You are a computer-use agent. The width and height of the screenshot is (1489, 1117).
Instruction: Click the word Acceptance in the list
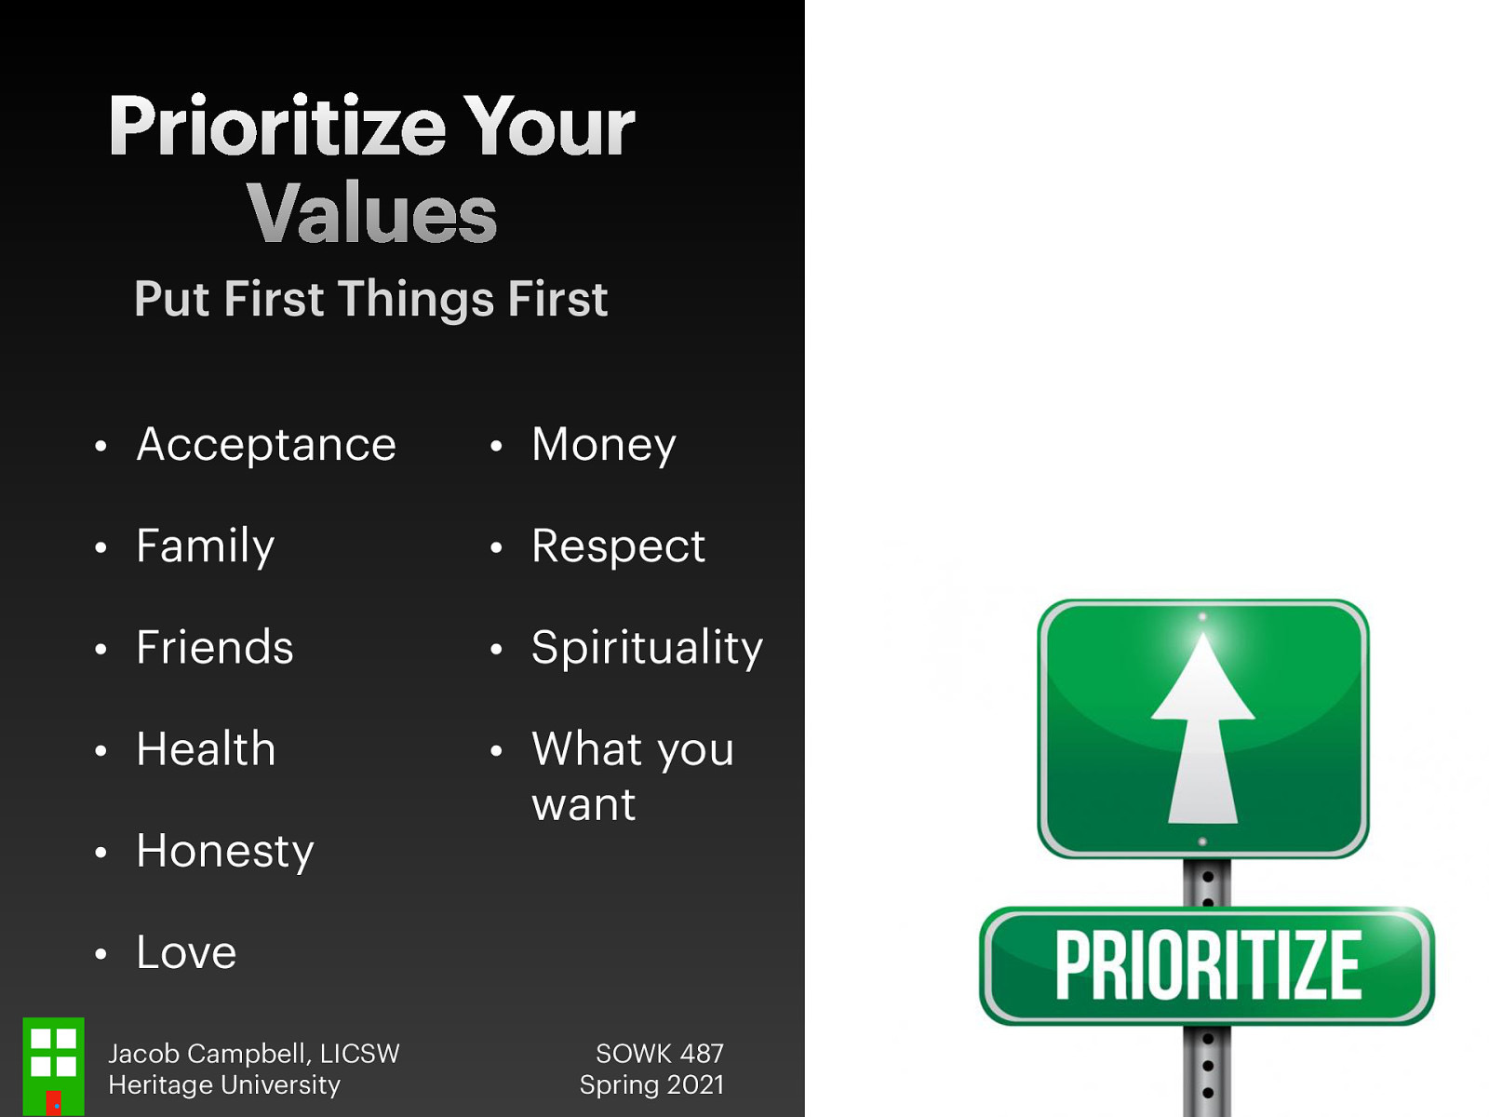266,444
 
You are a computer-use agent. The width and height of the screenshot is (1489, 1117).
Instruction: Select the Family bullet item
205,545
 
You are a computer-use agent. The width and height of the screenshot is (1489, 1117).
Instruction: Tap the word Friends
214,647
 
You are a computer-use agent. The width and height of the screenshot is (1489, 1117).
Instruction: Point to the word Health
206,748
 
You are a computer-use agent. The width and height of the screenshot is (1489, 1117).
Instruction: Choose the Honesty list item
224,851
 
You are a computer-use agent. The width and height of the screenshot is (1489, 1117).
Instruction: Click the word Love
186,952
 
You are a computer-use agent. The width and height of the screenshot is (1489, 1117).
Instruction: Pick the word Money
603,444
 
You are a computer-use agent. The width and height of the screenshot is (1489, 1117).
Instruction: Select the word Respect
618,545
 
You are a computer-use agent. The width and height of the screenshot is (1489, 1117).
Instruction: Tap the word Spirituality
647,647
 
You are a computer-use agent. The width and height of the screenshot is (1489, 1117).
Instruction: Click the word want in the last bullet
584,804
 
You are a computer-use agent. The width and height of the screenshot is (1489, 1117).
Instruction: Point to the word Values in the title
371,213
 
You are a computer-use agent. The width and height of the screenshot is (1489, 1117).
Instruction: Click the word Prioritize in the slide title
277,127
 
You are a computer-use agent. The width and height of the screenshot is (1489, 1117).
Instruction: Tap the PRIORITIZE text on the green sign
1207,966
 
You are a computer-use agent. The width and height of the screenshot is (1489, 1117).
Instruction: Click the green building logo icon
53,1066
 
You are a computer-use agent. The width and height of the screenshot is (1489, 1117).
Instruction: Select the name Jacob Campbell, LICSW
253,1054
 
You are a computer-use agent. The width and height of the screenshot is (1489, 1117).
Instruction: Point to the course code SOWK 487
659,1054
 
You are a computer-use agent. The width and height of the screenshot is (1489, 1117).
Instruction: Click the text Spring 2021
651,1085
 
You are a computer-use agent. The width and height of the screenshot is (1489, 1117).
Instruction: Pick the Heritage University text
224,1085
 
